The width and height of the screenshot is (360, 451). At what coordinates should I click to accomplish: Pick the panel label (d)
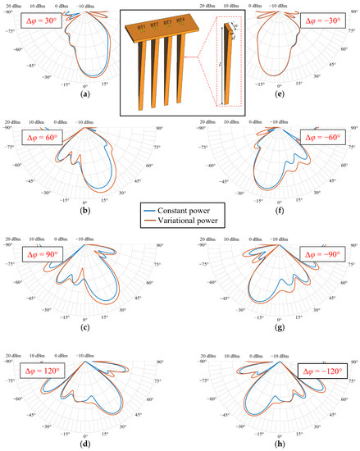[85, 446]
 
